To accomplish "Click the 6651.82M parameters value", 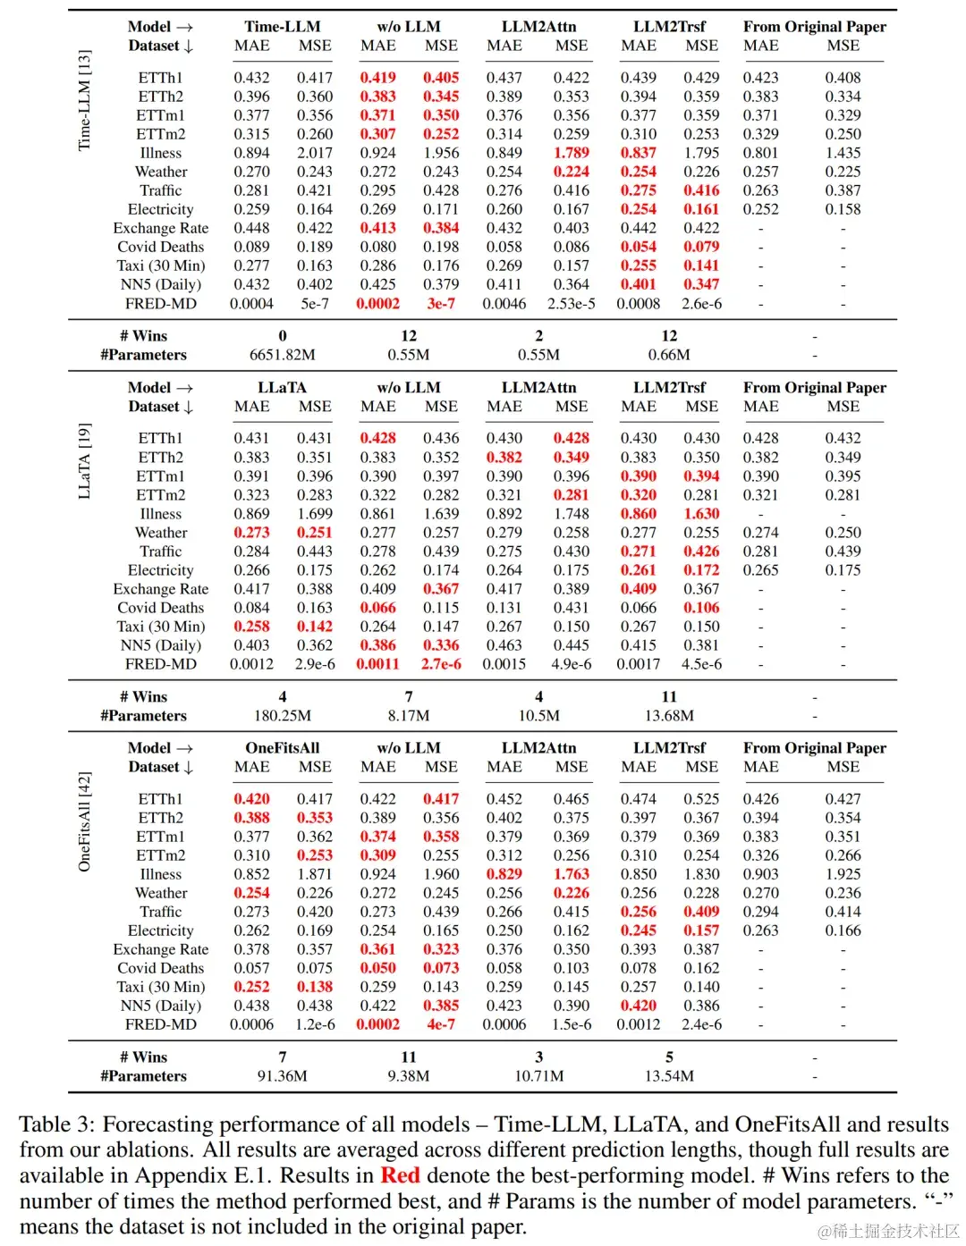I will [282, 355].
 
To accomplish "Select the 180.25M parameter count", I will [282, 716].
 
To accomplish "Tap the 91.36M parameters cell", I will [282, 1076].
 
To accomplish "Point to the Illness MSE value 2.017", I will [315, 153].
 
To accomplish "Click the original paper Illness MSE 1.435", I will [843, 153].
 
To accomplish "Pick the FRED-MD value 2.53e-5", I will [571, 304].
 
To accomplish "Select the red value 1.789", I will [571, 153].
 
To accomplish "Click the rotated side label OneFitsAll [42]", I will [84, 821].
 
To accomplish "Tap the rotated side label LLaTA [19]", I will [84, 461].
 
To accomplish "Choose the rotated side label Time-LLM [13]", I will [84, 100].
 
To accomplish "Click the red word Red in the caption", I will [400, 1175].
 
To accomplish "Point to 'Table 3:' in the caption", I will [57, 1124].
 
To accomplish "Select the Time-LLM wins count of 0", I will [282, 336].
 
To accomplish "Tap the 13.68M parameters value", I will [669, 716].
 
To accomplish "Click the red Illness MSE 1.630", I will [701, 514].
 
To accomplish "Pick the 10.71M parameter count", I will [538, 1076].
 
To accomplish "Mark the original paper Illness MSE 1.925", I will [843, 874].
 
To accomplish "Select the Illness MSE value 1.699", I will [315, 514].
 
